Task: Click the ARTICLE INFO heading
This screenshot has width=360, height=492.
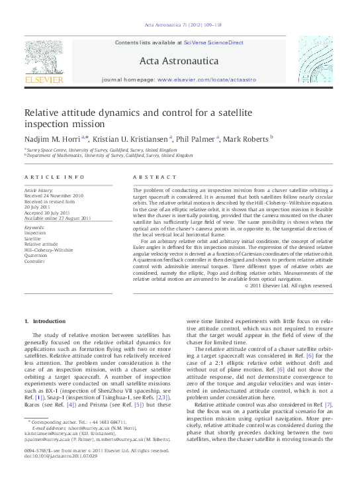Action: (55, 177)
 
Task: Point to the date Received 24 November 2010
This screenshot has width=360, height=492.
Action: (55, 196)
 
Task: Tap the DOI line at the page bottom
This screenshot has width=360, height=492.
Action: (60, 475)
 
